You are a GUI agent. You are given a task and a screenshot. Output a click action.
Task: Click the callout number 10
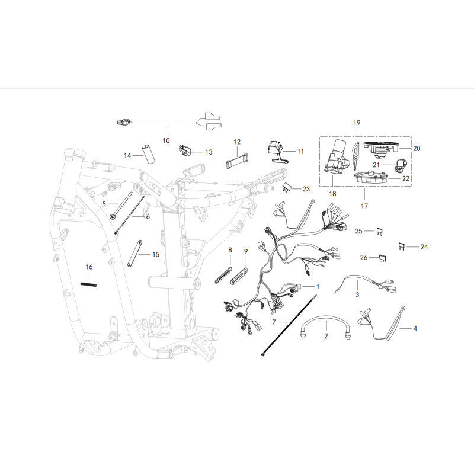166,140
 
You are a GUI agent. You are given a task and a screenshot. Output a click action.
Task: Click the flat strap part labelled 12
238,160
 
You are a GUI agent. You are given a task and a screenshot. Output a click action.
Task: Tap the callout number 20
417,149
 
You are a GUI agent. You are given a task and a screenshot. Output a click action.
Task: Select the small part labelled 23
287,188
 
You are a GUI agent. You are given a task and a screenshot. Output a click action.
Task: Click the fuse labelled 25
380,232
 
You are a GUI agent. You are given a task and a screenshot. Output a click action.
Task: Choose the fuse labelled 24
401,246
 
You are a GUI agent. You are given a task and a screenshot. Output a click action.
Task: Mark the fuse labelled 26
383,258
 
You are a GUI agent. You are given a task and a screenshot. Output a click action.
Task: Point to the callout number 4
415,328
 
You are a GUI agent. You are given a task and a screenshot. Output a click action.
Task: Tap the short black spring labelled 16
88,284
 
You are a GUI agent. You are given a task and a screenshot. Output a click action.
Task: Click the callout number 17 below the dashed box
364,206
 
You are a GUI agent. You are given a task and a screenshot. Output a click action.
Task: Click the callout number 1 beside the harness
318,286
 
